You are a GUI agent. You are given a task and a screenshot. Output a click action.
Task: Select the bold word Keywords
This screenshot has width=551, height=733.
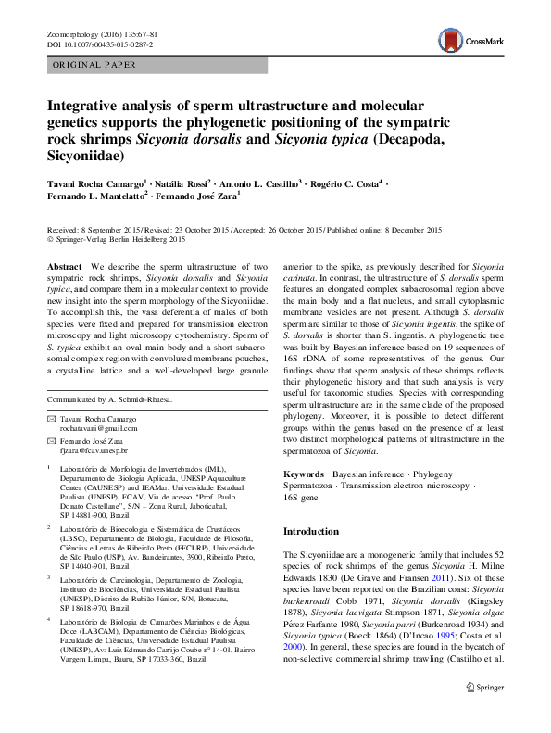click(x=304, y=474)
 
